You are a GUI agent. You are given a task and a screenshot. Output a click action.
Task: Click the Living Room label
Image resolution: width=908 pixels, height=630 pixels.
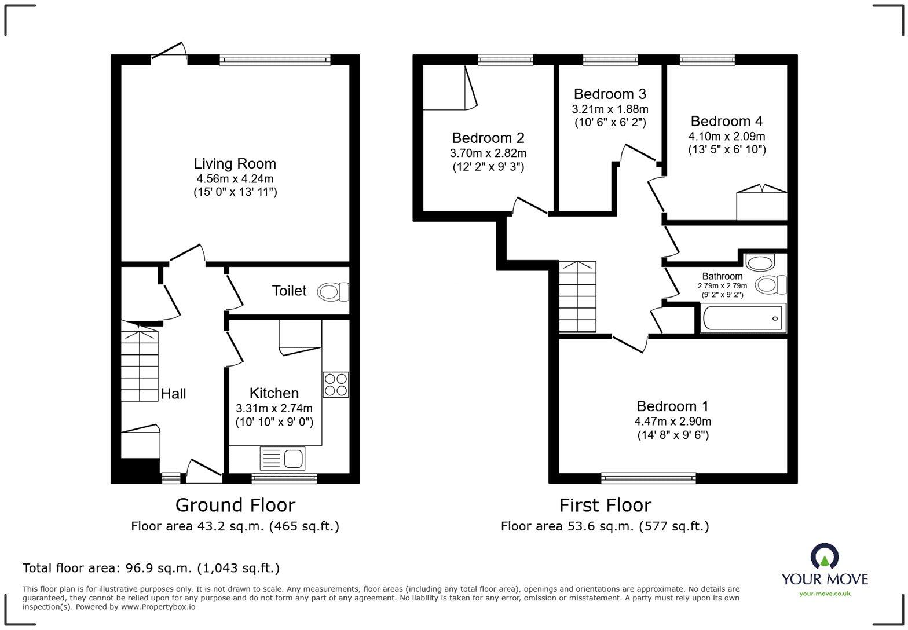pyautogui.click(x=235, y=163)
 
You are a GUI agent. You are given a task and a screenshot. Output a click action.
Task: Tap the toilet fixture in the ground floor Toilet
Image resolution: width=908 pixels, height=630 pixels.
pyautogui.click(x=333, y=291)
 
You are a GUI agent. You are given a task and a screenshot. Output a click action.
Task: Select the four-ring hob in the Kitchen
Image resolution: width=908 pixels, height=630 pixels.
pyautogui.click(x=336, y=384)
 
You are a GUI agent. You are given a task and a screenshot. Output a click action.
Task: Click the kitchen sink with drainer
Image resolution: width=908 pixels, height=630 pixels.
pyautogui.click(x=282, y=459)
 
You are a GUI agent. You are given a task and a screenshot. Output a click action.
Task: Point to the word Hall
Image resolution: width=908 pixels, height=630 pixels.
pyautogui.click(x=173, y=393)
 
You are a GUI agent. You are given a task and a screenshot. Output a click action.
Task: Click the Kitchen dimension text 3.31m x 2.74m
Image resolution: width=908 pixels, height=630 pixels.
pyautogui.click(x=274, y=408)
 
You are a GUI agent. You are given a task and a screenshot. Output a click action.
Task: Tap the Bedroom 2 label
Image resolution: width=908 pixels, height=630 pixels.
pyautogui.click(x=488, y=138)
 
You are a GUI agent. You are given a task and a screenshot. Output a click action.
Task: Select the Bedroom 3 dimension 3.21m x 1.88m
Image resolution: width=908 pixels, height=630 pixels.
pyautogui.click(x=610, y=109)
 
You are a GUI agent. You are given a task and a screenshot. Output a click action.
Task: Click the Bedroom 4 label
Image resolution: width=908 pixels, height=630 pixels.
pyautogui.click(x=727, y=121)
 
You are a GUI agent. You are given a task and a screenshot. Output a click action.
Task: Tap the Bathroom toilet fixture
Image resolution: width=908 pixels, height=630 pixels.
pyautogui.click(x=771, y=284)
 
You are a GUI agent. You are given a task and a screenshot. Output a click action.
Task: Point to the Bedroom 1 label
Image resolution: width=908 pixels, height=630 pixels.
pyautogui.click(x=672, y=406)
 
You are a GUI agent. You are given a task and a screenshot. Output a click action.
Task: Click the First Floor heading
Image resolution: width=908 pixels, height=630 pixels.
pyautogui.click(x=605, y=505)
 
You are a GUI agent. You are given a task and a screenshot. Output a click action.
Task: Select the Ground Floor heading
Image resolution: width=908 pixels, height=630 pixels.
pyautogui.click(x=235, y=505)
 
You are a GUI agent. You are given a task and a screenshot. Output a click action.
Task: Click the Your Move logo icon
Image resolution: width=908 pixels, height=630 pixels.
pyautogui.click(x=825, y=556)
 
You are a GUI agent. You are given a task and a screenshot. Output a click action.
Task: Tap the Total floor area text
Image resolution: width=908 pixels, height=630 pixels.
pyautogui.click(x=151, y=568)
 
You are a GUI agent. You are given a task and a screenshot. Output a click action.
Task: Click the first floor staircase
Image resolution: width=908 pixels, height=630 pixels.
pyautogui.click(x=578, y=296)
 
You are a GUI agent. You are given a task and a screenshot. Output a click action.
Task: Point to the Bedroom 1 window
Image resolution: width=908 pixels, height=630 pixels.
pyautogui.click(x=648, y=478)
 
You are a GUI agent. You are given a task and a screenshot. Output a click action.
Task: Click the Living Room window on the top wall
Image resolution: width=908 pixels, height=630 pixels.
pyautogui.click(x=275, y=60)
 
